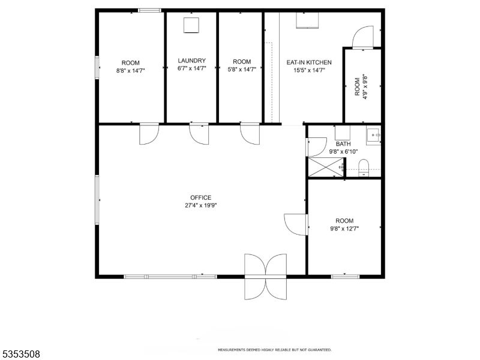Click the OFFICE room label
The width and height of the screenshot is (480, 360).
tap(200, 197)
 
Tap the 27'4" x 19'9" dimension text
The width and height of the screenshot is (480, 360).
tap(200, 205)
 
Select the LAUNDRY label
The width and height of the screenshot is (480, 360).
tap(191, 61)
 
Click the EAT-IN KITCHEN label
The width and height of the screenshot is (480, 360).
tap(309, 62)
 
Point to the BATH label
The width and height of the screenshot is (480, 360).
tap(343, 144)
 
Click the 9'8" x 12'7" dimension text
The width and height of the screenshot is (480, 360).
tap(344, 229)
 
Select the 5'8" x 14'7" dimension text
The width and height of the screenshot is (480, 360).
tap(242, 69)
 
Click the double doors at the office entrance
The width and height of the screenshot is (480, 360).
tap(266, 276)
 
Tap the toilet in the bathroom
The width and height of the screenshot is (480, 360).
tap(364, 169)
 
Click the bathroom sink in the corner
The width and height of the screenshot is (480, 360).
tap(373, 136)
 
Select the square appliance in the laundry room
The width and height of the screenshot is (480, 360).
tap(191, 25)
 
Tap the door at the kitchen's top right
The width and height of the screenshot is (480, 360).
tap(363, 37)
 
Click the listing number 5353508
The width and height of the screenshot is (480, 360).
tap(20, 354)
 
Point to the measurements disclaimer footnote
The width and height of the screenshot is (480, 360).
tap(274, 350)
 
